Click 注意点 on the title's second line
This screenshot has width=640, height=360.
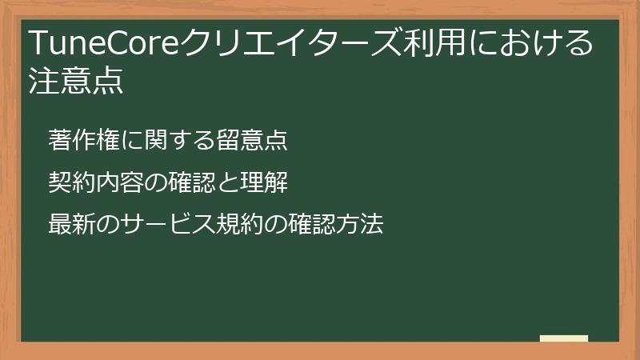(x=76, y=82)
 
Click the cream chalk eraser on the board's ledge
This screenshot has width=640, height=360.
(x=563, y=338)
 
